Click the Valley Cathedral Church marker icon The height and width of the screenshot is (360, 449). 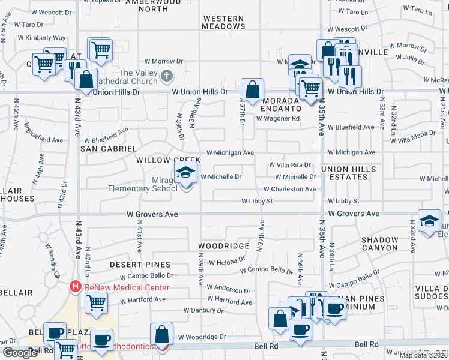[x=167, y=77]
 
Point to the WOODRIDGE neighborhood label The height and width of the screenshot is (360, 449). [x=224, y=247]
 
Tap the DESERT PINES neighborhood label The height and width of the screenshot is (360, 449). [x=140, y=265]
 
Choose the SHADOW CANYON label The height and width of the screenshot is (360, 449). [x=380, y=244]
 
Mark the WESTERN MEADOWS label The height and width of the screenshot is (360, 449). [x=223, y=22]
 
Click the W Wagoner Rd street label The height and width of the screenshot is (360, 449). [x=277, y=119]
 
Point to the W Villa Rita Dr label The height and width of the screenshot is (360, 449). [x=290, y=165]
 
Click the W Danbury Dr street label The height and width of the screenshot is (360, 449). [x=203, y=311]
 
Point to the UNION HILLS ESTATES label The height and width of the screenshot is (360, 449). [x=348, y=173]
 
